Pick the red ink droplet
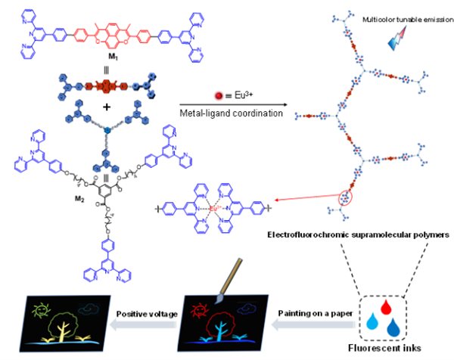coord(388,303)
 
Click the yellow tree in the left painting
coord(65,324)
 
